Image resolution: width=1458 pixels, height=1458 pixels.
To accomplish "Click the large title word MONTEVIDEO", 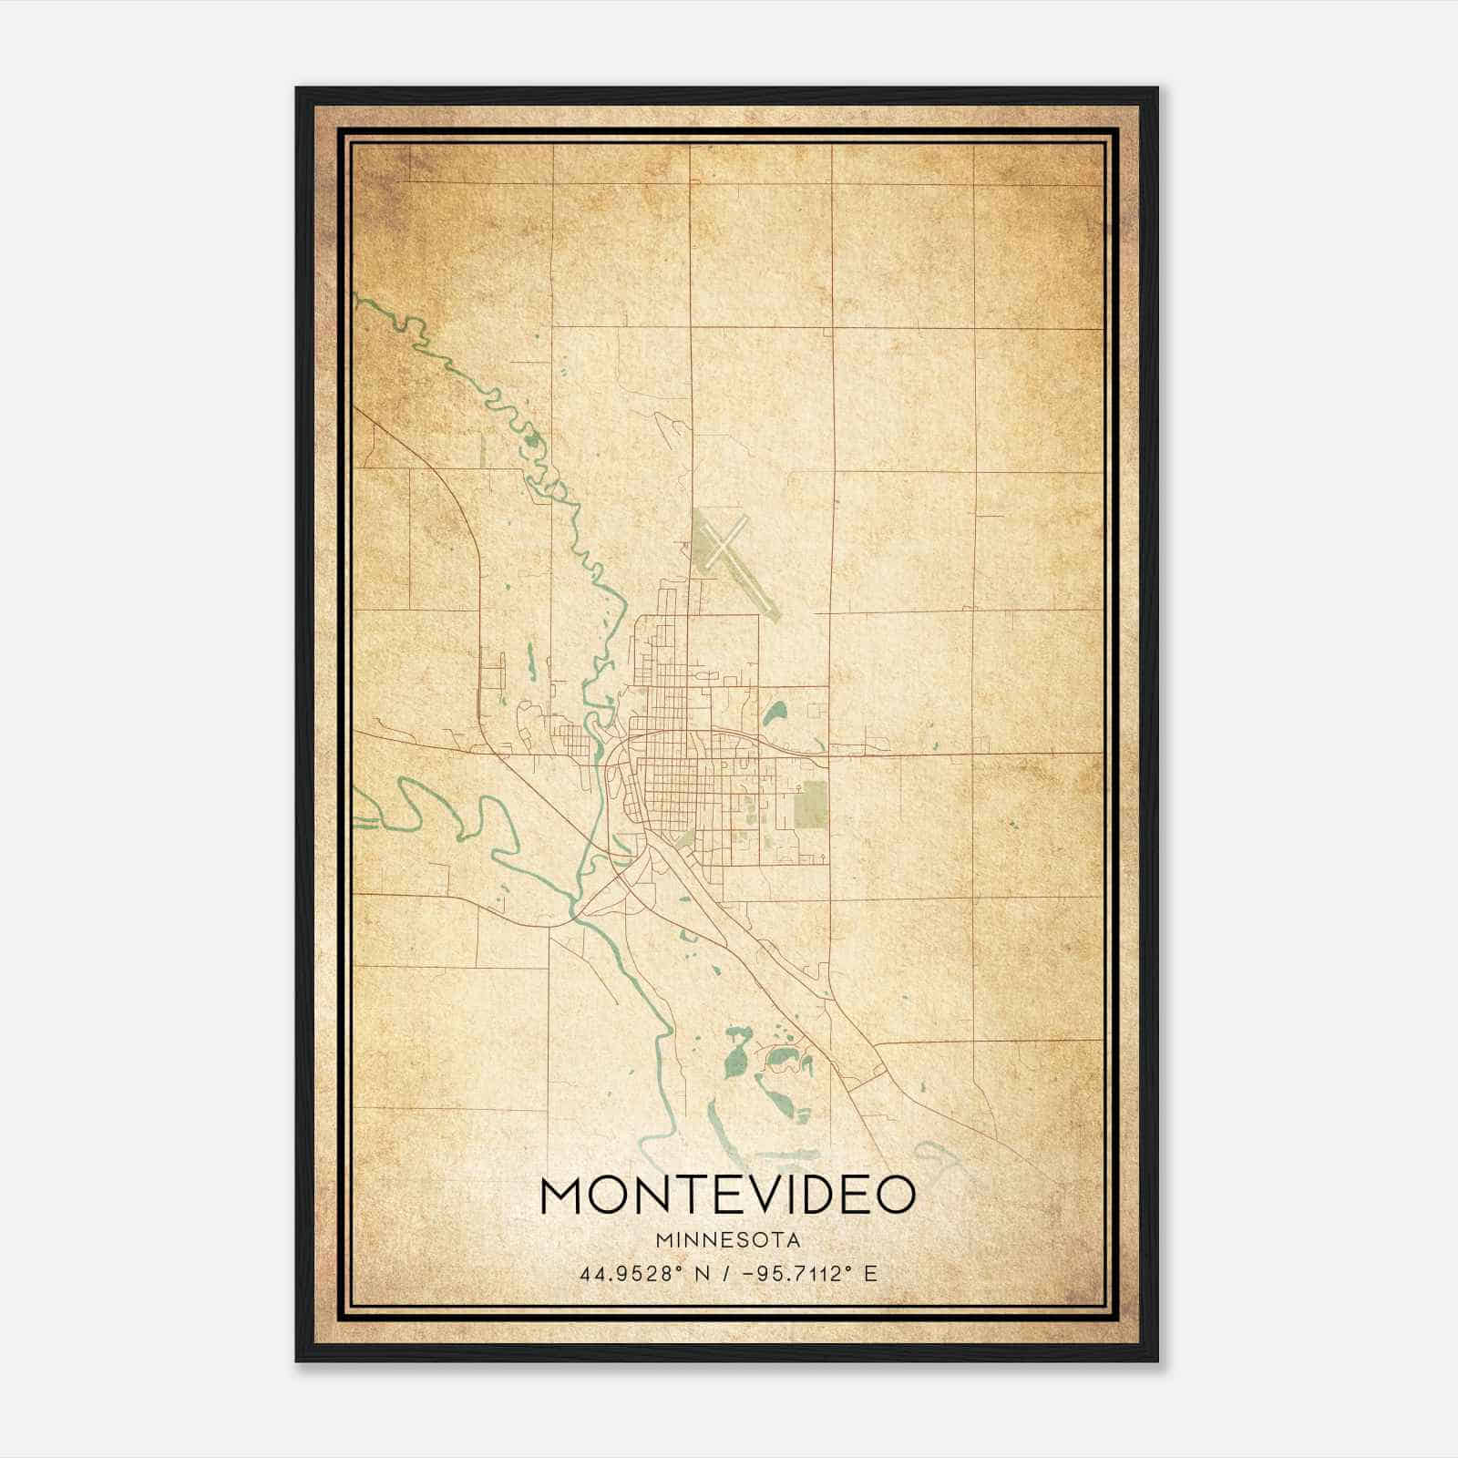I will [x=727, y=1195].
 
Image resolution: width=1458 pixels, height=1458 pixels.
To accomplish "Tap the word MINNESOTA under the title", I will [x=728, y=1240].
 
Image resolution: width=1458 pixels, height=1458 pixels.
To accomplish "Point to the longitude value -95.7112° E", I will [x=810, y=1274].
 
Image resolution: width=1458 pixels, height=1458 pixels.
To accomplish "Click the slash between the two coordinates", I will [x=725, y=1274].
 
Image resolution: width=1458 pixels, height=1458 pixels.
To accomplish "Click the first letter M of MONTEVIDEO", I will [x=562, y=1195].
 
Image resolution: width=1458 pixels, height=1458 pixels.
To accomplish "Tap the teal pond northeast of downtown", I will [x=775, y=711].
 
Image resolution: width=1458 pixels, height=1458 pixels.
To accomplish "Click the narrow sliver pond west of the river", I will [x=528, y=660].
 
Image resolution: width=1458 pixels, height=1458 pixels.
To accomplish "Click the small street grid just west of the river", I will [x=569, y=735].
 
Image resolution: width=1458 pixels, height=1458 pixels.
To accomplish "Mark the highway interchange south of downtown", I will [x=629, y=875].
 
